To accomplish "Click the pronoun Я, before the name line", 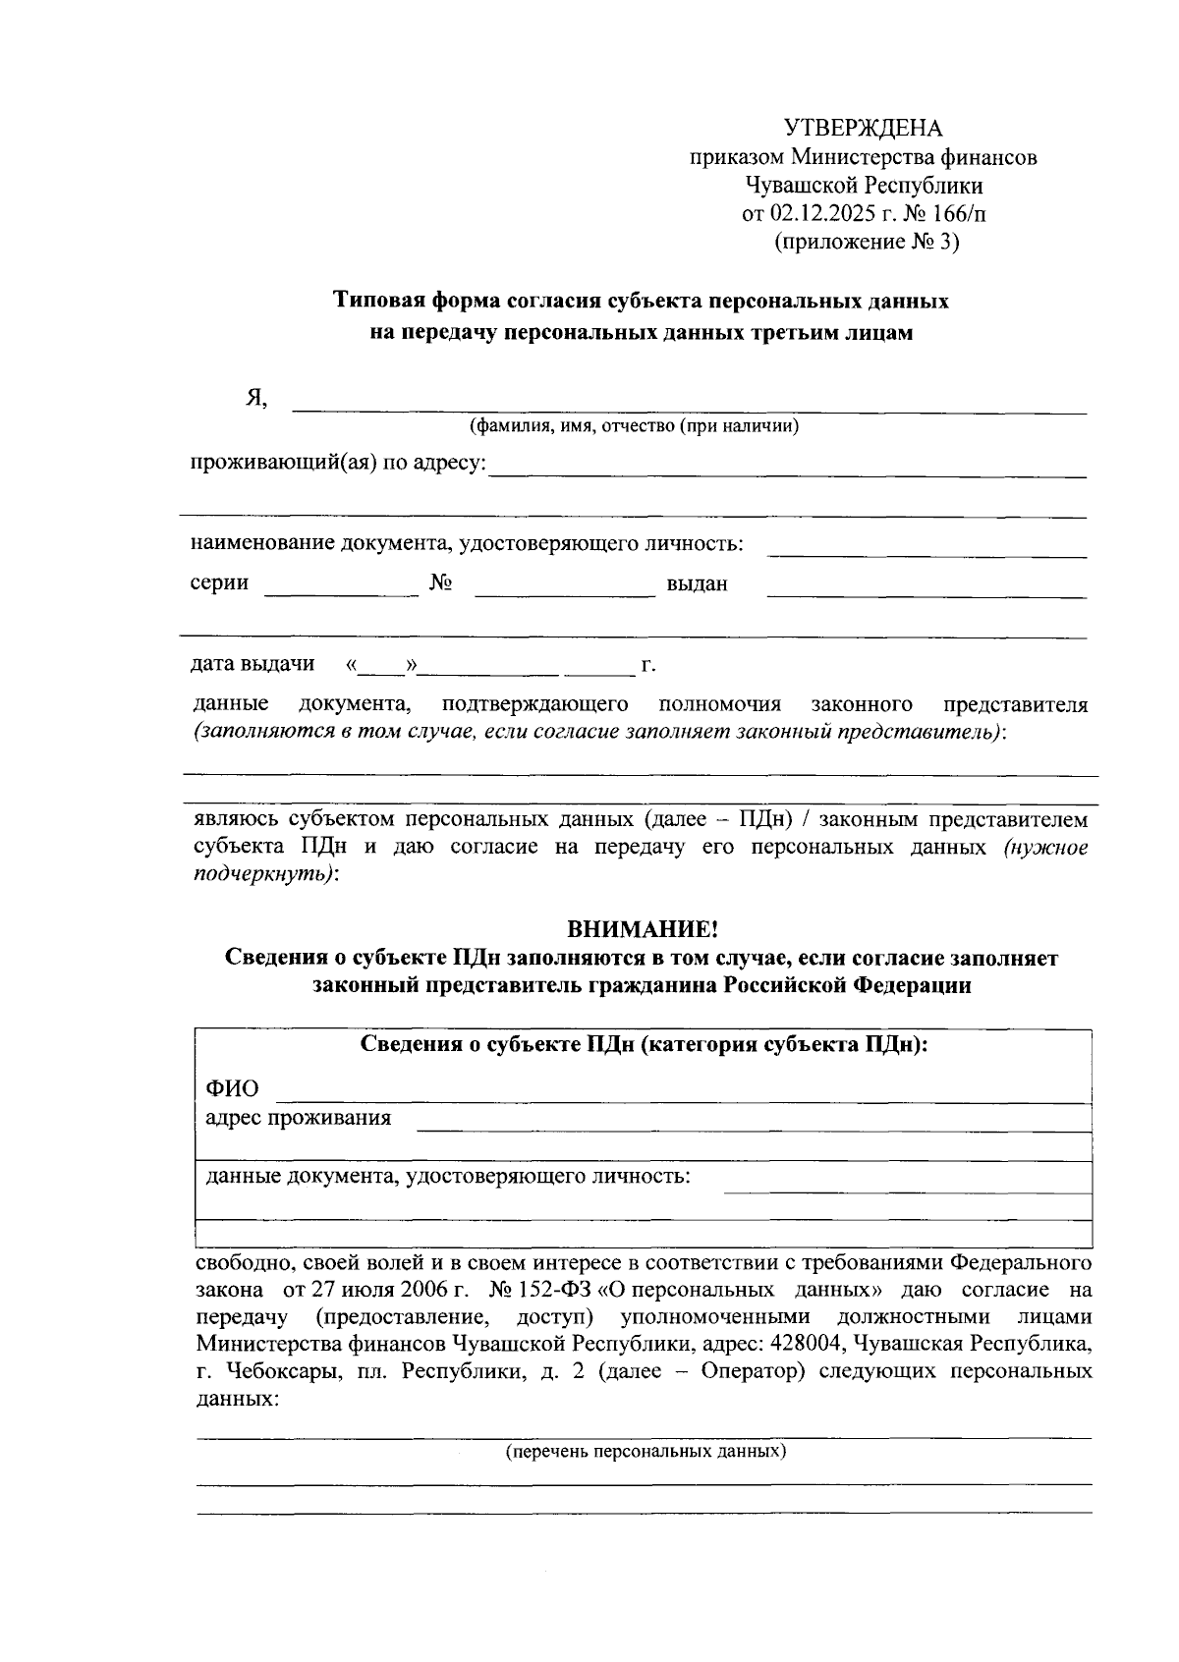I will pos(256,398).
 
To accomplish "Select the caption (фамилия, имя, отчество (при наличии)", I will pos(633,426).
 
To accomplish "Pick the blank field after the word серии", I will pos(341,591).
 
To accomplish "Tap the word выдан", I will pos(697,584).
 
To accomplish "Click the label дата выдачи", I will pos(253,664).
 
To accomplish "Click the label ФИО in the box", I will pos(232,1089).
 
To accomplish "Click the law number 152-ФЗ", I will pos(546,1289).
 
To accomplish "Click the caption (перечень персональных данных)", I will pos(646,1451).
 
